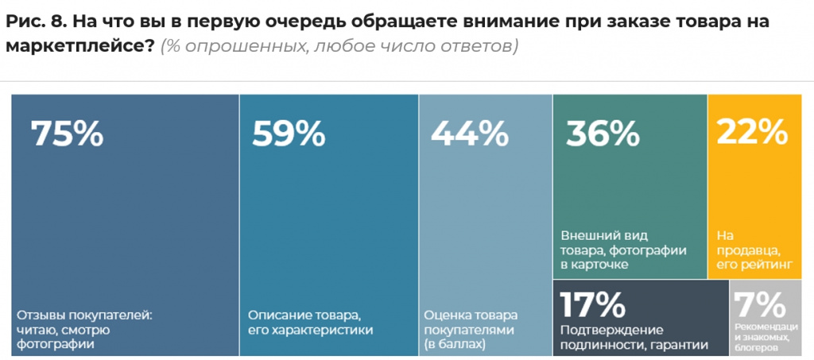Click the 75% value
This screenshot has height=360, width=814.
[67, 134]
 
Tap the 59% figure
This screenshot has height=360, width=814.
[289, 134]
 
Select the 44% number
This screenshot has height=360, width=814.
[470, 134]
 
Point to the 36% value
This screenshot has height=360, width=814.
[603, 134]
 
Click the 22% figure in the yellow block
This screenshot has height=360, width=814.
[752, 133]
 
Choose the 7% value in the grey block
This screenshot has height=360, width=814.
[758, 304]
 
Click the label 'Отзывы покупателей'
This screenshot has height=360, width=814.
[83, 314]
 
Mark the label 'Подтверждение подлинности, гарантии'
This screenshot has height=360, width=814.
[629, 336]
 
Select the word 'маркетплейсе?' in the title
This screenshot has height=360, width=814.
[79, 47]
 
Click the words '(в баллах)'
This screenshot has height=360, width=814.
[454, 344]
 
